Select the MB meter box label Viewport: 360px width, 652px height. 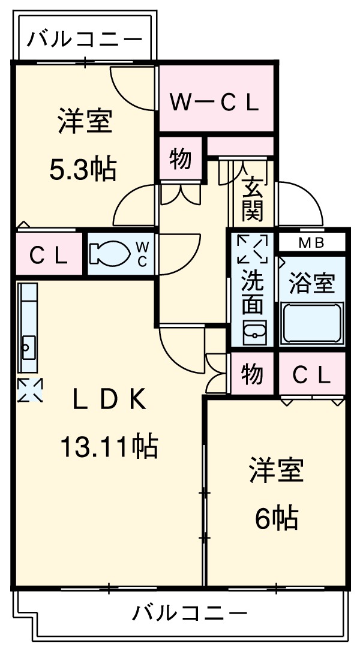pyautogui.click(x=311, y=243)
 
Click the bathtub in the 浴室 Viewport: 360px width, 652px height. pyautogui.click(x=312, y=323)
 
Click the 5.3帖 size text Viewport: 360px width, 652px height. pyautogui.click(x=83, y=171)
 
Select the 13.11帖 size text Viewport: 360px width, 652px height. pyautogui.click(x=109, y=446)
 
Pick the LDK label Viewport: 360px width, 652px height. pyautogui.click(x=109, y=400)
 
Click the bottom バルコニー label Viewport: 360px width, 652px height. pyautogui.click(x=190, y=613)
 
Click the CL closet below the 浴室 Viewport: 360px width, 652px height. pyautogui.click(x=311, y=375)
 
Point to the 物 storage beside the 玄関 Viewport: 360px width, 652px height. pyautogui.click(x=181, y=160)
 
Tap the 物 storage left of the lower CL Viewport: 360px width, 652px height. pyautogui.click(x=253, y=374)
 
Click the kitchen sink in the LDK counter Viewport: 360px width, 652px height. pyautogui.click(x=28, y=346)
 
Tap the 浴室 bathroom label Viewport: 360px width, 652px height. pyautogui.click(x=311, y=283)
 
